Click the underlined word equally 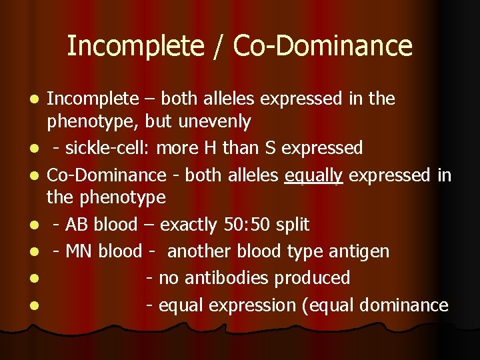[313, 175]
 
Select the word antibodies [223, 278]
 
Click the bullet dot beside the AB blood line [32, 225]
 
